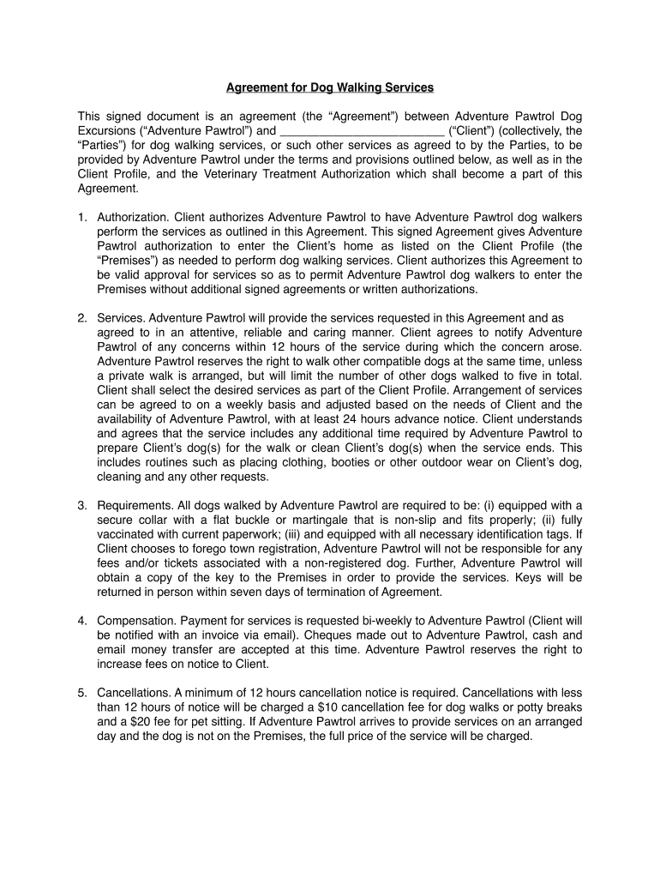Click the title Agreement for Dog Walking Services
(329, 87)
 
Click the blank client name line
(362, 131)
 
